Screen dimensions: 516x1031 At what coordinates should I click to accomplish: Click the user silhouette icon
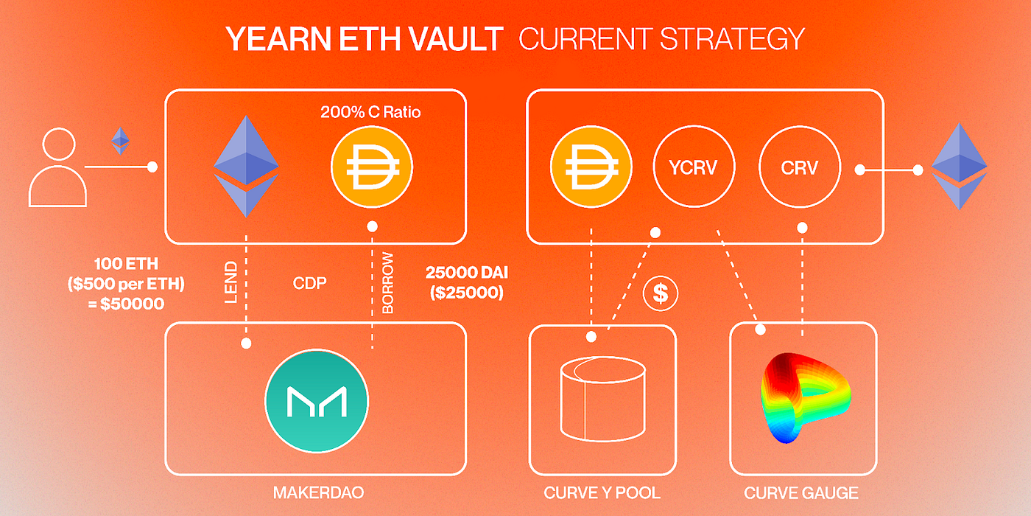(x=57, y=167)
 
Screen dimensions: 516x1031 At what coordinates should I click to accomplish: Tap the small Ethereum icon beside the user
(x=120, y=140)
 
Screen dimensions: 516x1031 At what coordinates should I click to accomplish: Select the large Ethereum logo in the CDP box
(x=246, y=169)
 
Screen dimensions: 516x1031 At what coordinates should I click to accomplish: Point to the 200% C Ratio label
(x=370, y=113)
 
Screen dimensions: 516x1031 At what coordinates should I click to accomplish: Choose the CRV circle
(x=799, y=169)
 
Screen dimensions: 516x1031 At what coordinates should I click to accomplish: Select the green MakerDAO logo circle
(x=316, y=401)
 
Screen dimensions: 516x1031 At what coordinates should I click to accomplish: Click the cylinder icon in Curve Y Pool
(x=602, y=400)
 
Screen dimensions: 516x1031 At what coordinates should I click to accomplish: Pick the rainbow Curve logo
(x=803, y=398)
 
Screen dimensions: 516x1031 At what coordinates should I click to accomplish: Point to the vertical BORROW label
(x=388, y=283)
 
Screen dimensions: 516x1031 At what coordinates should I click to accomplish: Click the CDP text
(x=309, y=283)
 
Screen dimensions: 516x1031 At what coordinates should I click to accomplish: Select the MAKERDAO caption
(x=318, y=492)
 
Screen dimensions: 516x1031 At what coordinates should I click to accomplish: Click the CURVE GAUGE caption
(x=801, y=492)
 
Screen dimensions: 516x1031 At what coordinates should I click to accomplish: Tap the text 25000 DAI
(x=466, y=273)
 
